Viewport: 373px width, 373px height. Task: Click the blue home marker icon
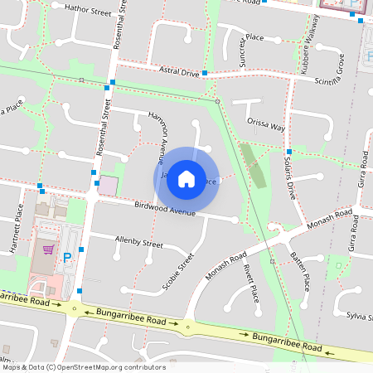186,178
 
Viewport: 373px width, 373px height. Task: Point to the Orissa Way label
265,128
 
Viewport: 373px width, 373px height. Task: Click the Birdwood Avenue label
164,208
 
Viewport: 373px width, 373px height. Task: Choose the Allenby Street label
139,243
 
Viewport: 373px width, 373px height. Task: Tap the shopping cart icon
48,248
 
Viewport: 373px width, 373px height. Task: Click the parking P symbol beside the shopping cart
66,258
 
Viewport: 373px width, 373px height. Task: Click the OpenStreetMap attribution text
83,366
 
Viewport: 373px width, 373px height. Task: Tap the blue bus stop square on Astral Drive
205,74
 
